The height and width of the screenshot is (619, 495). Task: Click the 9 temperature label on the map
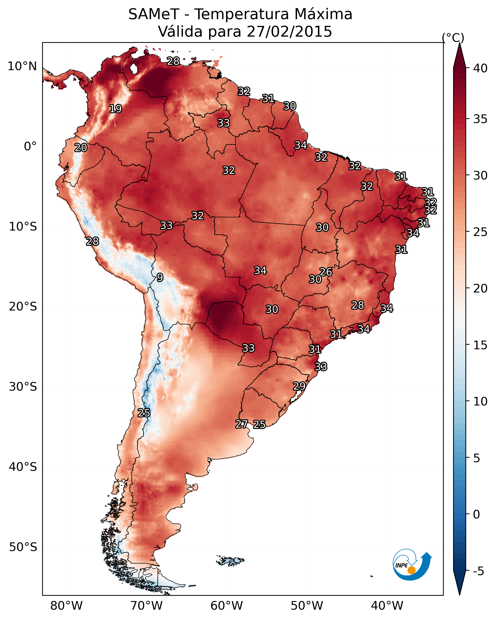coord(160,277)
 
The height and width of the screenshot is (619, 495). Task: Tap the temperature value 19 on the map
coord(115,109)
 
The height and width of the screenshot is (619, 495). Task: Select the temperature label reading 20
coord(81,148)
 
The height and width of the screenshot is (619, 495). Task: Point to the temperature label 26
coord(326,272)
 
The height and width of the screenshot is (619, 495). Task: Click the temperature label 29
coord(299,386)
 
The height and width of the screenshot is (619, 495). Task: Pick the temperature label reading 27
coord(241,424)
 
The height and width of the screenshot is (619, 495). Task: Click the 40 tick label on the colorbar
coord(480,68)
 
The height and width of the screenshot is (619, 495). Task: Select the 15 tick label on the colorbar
coord(480,345)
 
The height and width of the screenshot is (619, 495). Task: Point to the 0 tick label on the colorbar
coord(477,514)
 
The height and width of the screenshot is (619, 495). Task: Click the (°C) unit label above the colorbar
coord(453,37)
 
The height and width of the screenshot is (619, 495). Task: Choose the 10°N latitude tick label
coord(22,66)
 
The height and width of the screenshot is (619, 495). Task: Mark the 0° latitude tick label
coord(30,146)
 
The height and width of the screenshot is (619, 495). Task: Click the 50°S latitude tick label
coord(23,547)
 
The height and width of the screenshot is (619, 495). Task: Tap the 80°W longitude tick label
coord(66,606)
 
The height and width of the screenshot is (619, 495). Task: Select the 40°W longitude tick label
coord(387,606)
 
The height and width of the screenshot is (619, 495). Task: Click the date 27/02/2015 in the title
coord(289,32)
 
